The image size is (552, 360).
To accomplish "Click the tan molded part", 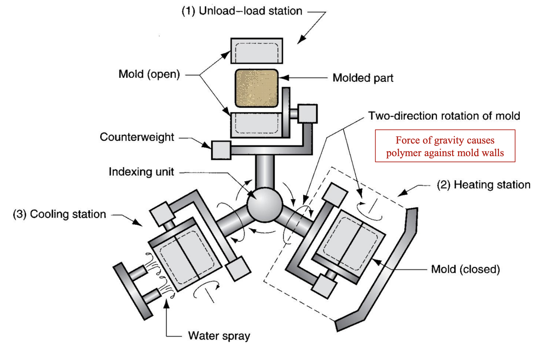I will point(256,88).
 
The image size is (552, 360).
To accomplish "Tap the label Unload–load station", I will point(242,11).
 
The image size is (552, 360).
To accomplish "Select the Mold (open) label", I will point(149,74).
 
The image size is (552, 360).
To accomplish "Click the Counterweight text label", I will point(137,137).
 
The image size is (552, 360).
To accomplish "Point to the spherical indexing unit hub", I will point(264,205).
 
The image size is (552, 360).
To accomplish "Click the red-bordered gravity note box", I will point(445,146).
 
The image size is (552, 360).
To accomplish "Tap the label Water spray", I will point(219,335).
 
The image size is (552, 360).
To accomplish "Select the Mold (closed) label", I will point(465,269).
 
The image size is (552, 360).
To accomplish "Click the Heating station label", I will point(483,185).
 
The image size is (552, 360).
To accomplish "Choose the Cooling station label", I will point(59,214).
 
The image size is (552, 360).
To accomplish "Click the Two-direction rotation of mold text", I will point(444,116).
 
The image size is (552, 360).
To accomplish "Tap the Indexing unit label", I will point(141,172).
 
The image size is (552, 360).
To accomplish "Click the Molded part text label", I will point(363,78).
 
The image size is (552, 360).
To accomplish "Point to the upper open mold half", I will point(257,51).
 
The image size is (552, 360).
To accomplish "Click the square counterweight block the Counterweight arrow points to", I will point(221,150).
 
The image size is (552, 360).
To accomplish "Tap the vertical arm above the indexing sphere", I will point(265,172).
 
